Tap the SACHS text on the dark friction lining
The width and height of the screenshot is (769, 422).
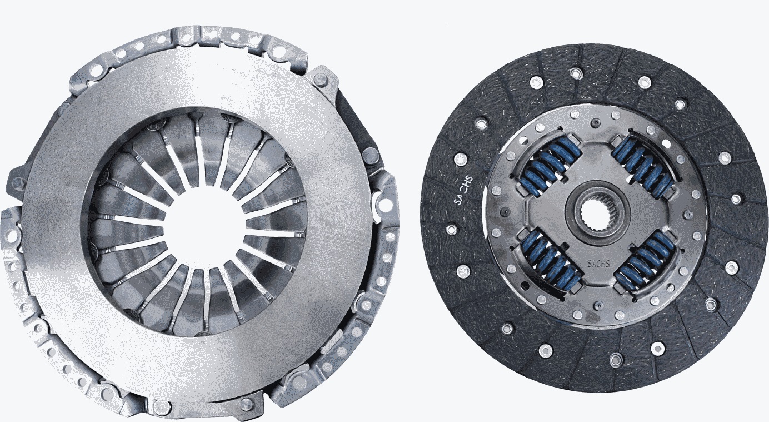coord(463,190)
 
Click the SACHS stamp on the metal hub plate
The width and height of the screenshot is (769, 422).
coord(597,261)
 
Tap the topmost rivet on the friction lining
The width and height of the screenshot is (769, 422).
coord(576,73)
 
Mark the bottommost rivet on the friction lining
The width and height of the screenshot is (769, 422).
coord(615,360)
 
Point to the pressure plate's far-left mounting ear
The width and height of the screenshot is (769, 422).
coord(17,181)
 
